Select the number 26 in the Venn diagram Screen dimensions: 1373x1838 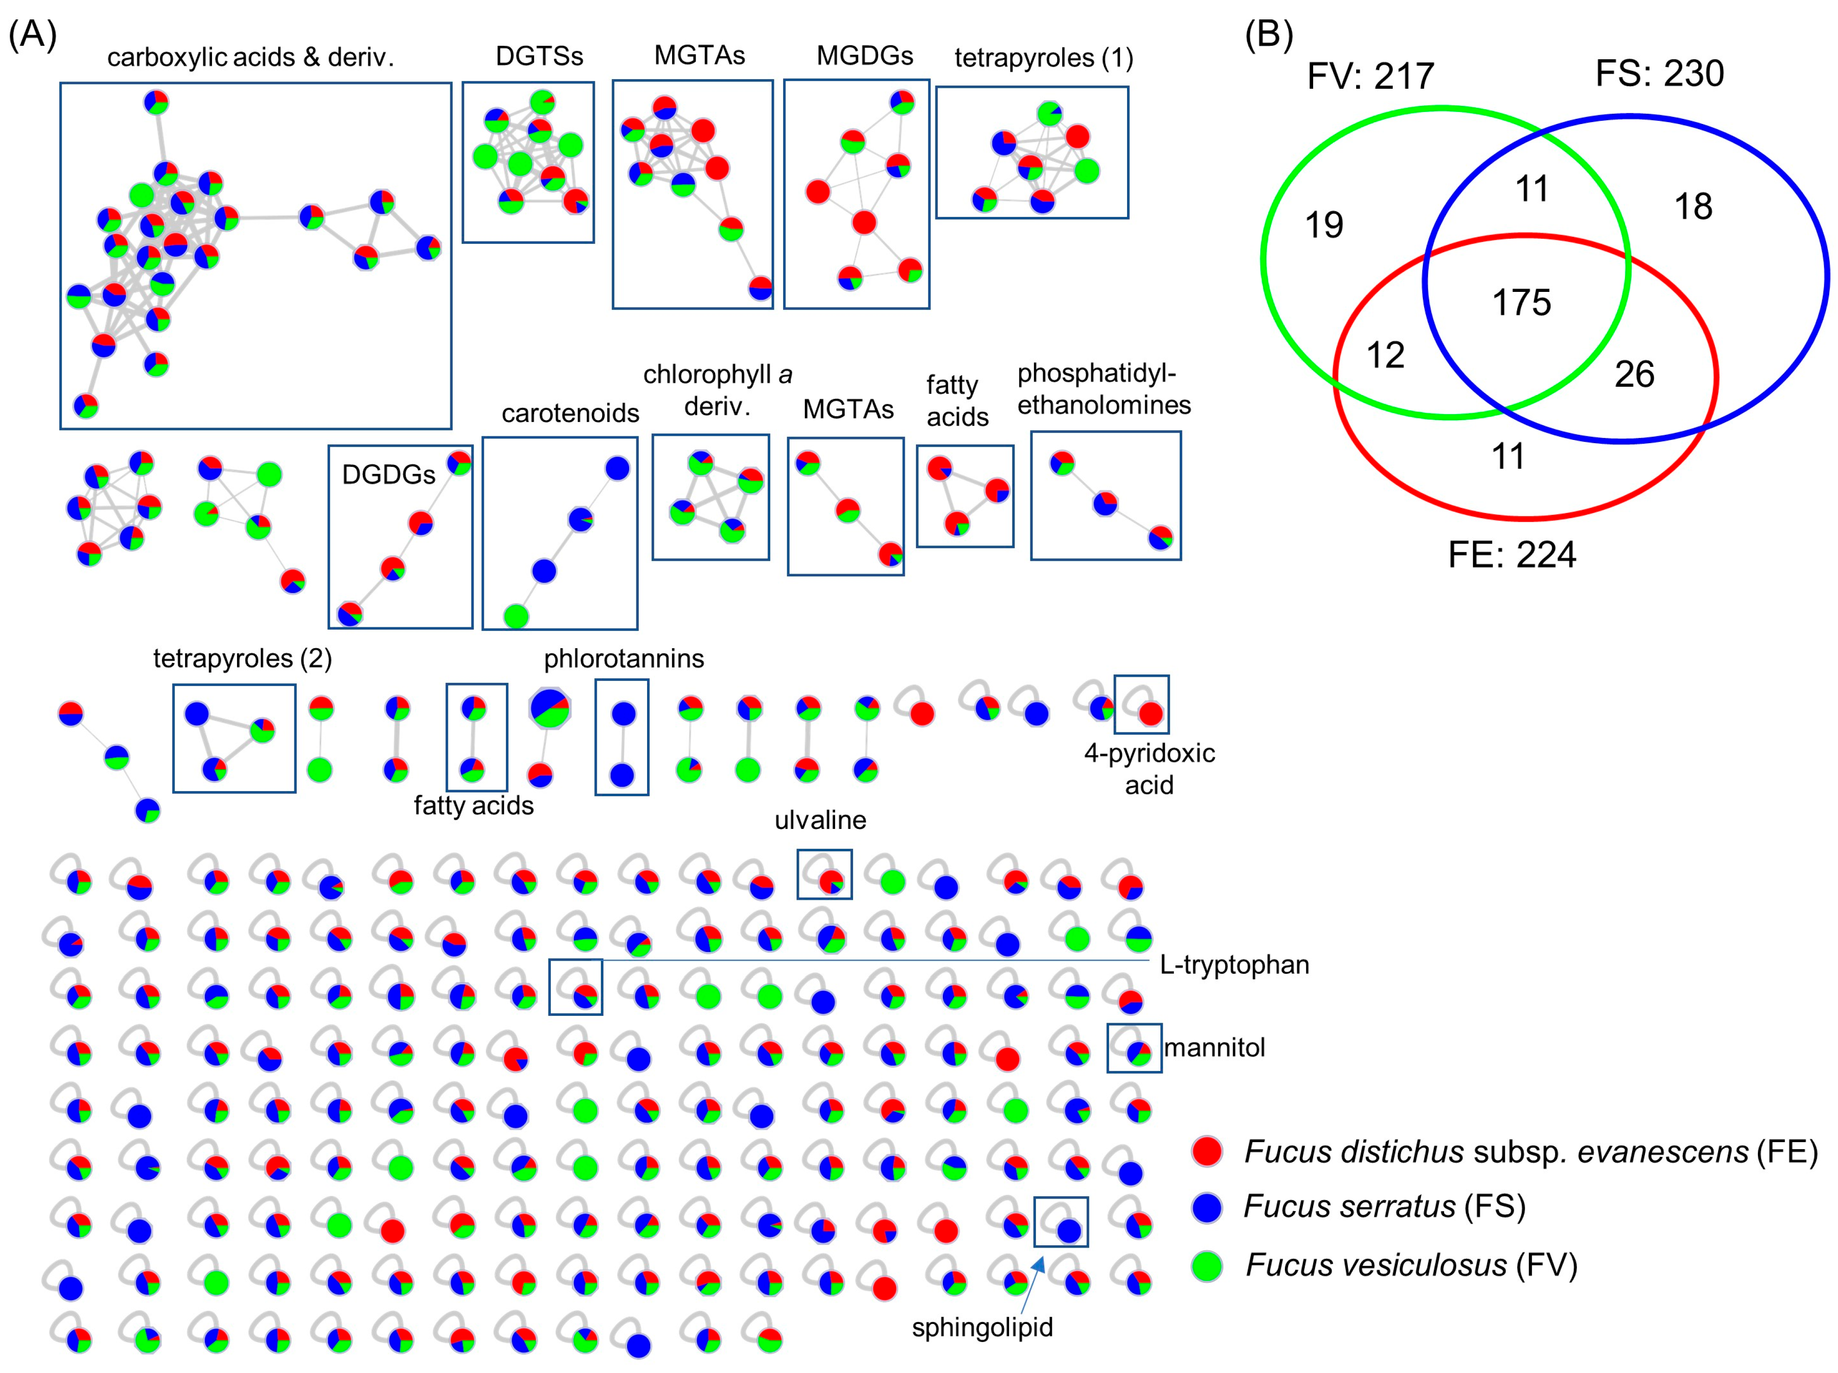1633,375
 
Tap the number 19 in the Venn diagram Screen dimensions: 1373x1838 1324,225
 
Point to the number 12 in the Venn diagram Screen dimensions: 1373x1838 1385,355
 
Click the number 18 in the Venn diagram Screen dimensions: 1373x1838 1693,207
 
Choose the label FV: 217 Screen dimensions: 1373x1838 1370,76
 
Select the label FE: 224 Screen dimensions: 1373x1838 1511,555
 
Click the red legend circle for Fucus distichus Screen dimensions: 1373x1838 1207,1151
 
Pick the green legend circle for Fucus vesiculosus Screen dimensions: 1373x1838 1207,1265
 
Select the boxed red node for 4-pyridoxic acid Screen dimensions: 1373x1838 1151,713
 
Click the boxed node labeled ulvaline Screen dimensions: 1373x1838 830,880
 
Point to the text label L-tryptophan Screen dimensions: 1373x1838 1234,965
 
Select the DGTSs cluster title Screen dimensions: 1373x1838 539,56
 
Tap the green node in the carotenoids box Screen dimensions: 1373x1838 516,616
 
